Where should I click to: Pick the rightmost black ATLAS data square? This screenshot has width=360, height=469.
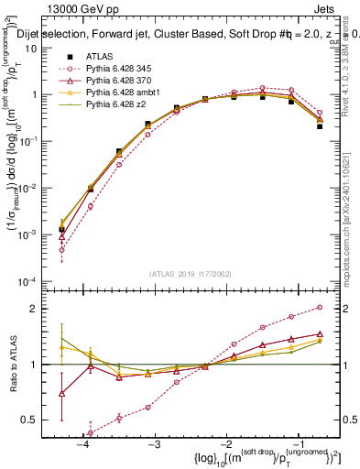[x=320, y=126]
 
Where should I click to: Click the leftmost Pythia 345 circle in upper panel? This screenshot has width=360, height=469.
[x=61, y=249]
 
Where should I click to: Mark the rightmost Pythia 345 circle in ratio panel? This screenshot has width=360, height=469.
[x=320, y=308]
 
